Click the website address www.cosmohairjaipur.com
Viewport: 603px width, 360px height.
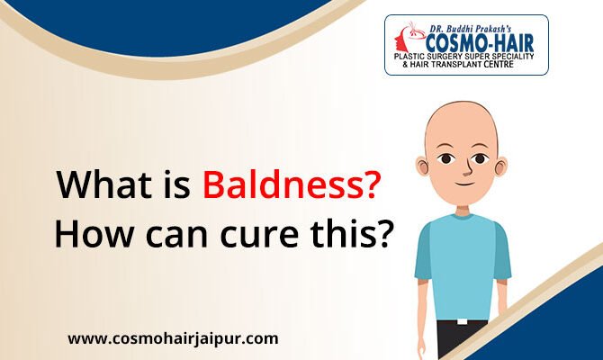tap(174, 339)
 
